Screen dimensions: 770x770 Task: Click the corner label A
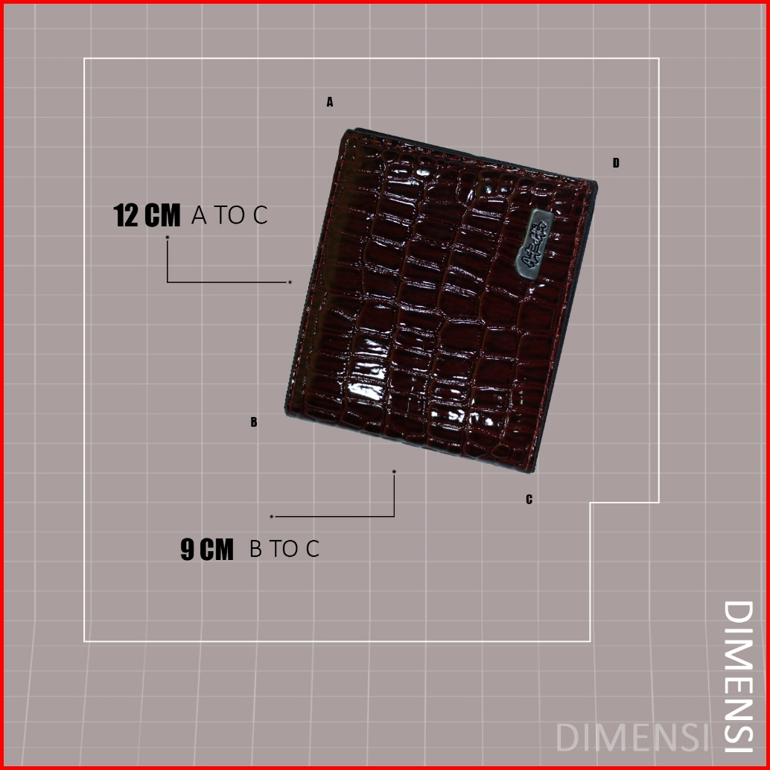(x=330, y=103)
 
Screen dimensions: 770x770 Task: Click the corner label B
(x=254, y=422)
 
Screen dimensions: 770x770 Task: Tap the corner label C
(x=529, y=500)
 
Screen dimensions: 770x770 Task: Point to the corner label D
(x=616, y=163)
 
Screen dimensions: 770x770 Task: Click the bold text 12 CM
(x=147, y=216)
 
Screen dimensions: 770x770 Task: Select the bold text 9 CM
(x=207, y=550)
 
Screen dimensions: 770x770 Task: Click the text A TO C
(x=229, y=216)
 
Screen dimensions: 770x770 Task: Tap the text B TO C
(x=284, y=550)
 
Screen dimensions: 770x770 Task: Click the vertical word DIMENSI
(x=739, y=676)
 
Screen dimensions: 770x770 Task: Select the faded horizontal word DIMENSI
(x=632, y=737)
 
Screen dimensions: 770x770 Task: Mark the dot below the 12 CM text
(x=168, y=238)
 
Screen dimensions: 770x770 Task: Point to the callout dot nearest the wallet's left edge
(x=290, y=282)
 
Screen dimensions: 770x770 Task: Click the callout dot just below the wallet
(x=394, y=471)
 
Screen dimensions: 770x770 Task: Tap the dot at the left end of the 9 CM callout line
(x=272, y=516)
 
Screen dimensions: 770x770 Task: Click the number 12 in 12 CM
(x=127, y=216)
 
